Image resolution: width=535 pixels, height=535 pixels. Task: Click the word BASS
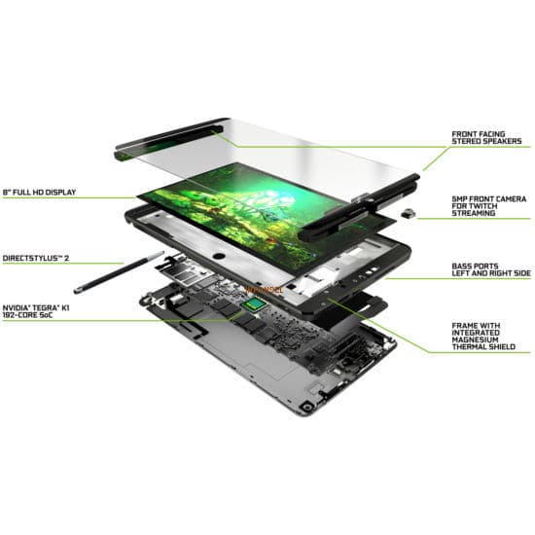tap(462, 266)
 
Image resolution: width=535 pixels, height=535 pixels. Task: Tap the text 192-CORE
tap(21, 313)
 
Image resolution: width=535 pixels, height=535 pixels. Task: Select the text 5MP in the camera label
tap(459, 196)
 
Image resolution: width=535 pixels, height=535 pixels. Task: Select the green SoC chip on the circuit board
tap(253, 307)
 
